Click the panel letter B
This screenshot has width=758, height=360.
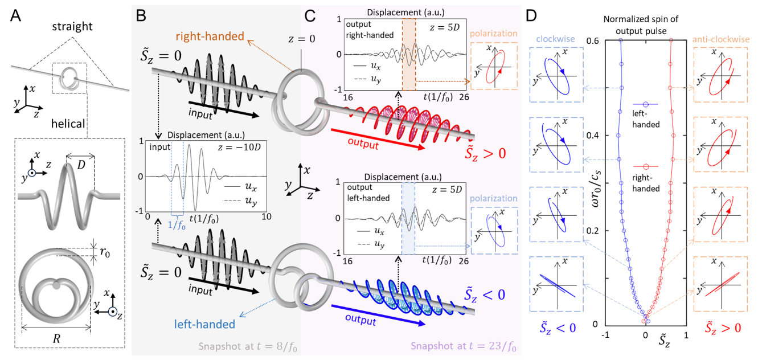tap(142, 16)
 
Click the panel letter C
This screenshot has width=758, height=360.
tap(310, 16)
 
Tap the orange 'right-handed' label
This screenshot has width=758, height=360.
tap(210, 36)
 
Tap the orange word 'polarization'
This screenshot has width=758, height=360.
tap(493, 34)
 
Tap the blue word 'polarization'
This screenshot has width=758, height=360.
tap(494, 199)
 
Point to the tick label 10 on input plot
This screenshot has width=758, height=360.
tap(266, 218)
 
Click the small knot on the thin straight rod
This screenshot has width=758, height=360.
tap(69, 80)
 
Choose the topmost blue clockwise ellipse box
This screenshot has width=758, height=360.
tap(556, 75)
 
